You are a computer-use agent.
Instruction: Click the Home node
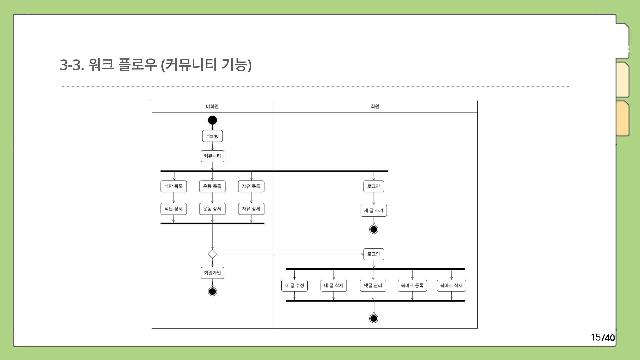point(212,136)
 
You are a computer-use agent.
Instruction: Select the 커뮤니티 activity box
point(212,156)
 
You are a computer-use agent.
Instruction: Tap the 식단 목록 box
point(173,186)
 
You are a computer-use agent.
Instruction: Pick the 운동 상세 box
point(212,209)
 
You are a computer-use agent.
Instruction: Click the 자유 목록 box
point(251,186)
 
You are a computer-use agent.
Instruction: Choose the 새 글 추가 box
point(374,211)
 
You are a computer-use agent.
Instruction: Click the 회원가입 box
point(212,273)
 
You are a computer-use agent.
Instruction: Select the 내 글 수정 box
point(294,286)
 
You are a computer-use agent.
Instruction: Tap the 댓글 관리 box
point(373,286)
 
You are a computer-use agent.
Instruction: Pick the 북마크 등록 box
point(412,286)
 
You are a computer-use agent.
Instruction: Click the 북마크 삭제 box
point(451,286)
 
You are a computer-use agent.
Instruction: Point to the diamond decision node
point(212,254)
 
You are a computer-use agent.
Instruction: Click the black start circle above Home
point(212,120)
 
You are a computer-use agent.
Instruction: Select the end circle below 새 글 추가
point(374,229)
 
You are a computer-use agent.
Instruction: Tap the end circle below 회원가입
point(212,292)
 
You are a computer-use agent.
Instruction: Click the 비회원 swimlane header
point(212,107)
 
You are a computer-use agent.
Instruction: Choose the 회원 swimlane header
point(375,107)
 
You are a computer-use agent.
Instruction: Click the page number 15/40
point(603,337)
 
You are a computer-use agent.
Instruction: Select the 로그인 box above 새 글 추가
point(374,186)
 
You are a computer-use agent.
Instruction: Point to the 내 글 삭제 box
point(334,286)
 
